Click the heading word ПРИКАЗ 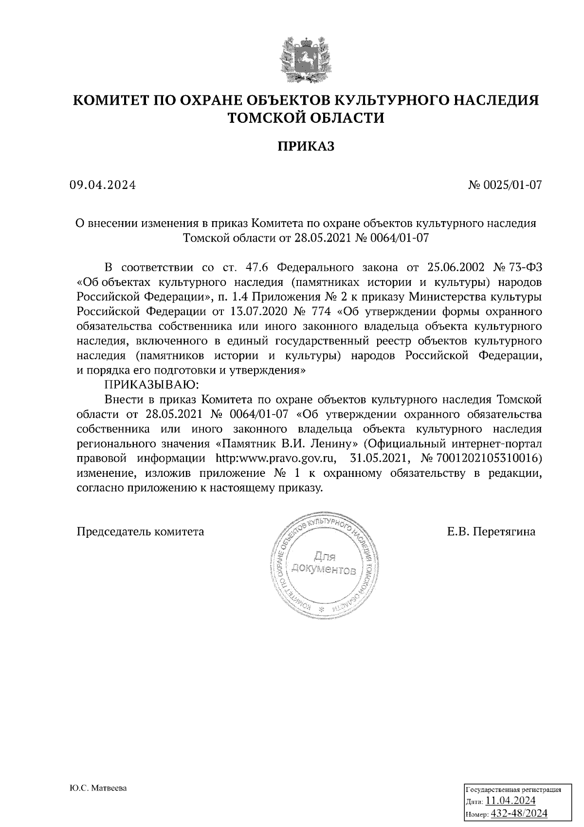point(306,146)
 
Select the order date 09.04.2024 point(102,185)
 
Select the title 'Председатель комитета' point(141,531)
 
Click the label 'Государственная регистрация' point(514,789)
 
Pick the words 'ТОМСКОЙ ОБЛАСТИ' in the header point(306,118)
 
